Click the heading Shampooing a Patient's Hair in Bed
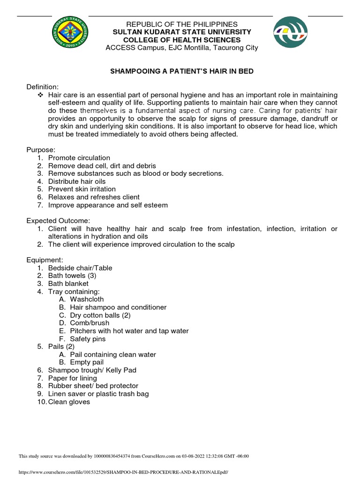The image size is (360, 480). [181, 72]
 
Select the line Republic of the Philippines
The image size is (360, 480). [181, 24]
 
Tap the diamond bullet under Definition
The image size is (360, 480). [39, 95]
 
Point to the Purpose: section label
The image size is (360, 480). [41, 150]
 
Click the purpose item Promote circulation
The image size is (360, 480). [79, 158]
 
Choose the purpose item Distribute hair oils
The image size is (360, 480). [76, 181]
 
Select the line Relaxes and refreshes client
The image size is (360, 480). [94, 197]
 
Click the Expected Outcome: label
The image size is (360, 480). [58, 221]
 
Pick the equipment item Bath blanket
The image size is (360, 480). [68, 284]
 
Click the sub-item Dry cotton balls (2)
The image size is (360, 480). [100, 315]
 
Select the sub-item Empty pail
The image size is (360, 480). [87, 362]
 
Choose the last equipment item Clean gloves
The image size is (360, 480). [69, 402]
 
